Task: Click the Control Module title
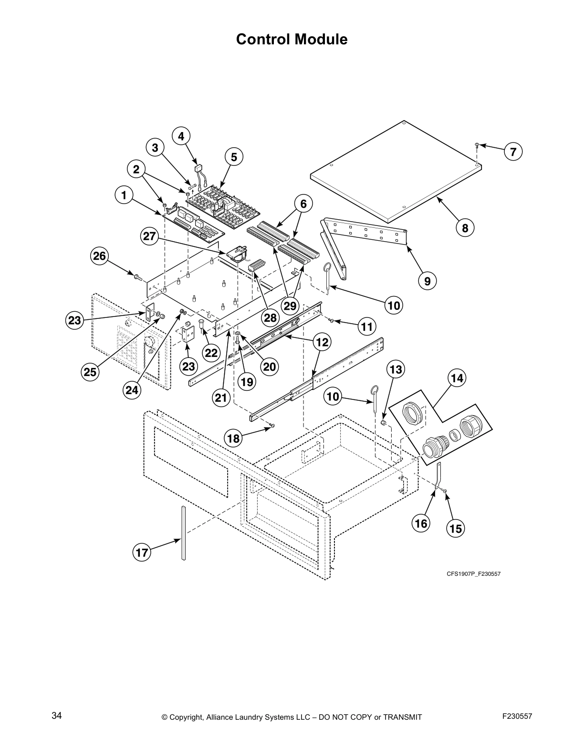292,39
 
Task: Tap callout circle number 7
513,152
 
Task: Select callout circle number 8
465,228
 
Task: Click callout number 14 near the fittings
457,378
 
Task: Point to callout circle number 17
142,553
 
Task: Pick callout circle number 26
99,256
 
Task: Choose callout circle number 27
149,236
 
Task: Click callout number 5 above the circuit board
234,157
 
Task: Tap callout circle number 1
124,195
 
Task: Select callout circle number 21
221,398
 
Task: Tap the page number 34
57,716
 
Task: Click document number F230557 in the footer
517,716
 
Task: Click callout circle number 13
396,369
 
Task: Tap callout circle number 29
290,306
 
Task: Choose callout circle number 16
421,524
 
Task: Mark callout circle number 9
427,281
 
